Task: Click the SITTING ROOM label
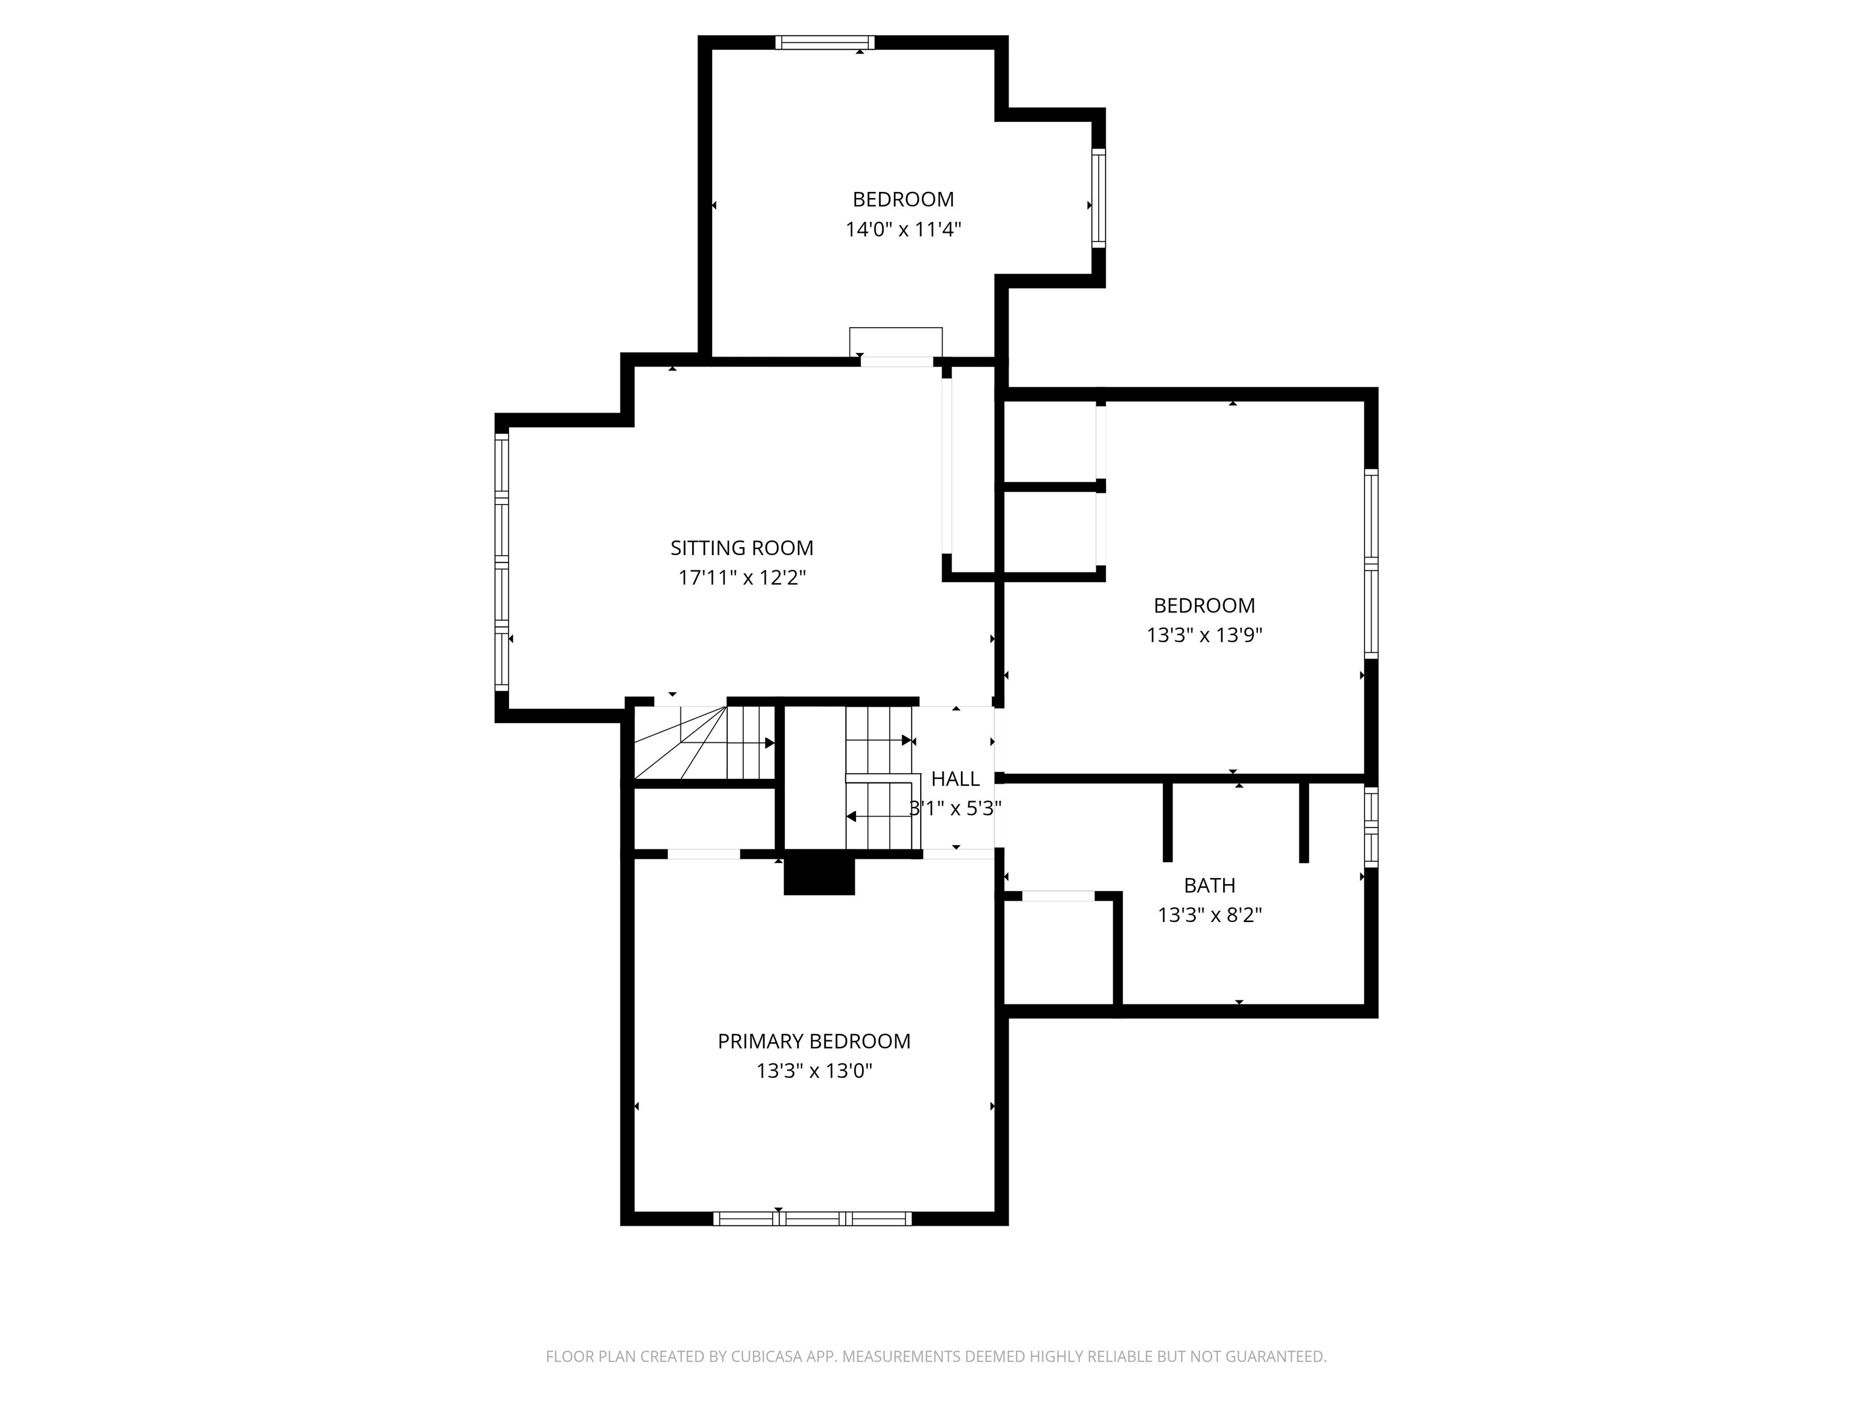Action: (x=742, y=548)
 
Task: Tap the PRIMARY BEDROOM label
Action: (x=814, y=1042)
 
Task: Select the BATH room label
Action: (x=1209, y=886)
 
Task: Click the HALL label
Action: (x=955, y=779)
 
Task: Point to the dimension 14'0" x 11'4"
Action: (x=904, y=229)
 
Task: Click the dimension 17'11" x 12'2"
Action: (x=742, y=578)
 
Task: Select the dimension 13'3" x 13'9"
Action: (x=1204, y=635)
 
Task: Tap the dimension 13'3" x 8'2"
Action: (x=1209, y=915)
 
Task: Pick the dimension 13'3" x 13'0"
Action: (x=814, y=1071)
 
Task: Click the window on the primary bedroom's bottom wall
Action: (x=812, y=1219)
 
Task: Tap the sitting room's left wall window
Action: (x=501, y=560)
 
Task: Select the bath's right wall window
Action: (x=1371, y=827)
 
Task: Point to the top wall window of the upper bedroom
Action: (x=825, y=42)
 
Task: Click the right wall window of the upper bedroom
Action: (x=1098, y=198)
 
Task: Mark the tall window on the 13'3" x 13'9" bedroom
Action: (x=1371, y=564)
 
